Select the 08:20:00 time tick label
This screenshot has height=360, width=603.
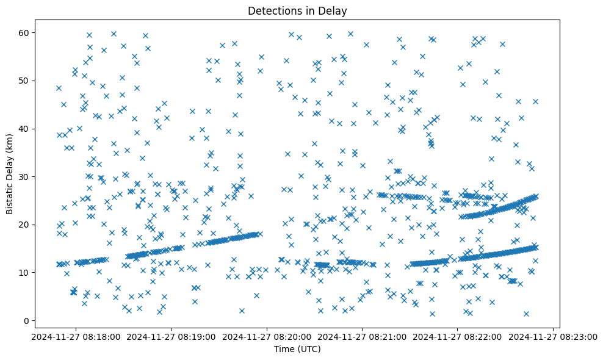[267, 336]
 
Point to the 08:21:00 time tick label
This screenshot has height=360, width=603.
[362, 336]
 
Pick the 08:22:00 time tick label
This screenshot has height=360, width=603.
[458, 336]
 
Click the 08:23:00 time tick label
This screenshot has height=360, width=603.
[553, 336]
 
